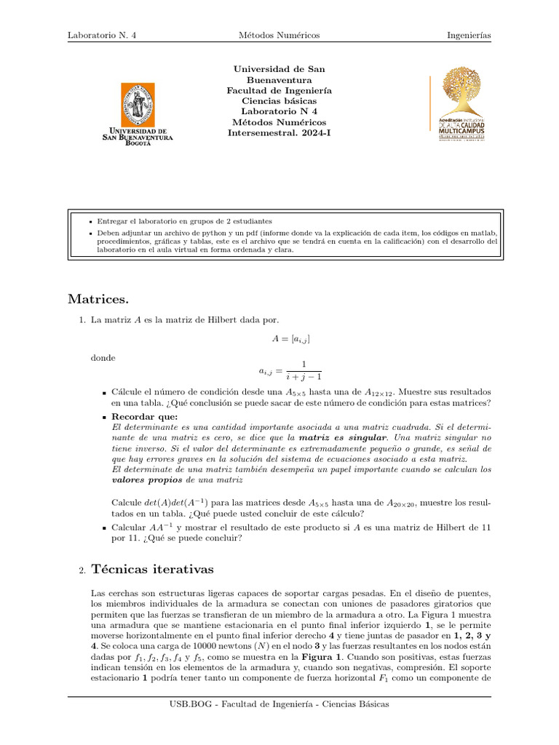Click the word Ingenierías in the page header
coord(469,35)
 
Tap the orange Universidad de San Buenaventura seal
coord(137,103)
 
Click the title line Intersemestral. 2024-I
coord(279,134)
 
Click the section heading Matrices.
coord(98,298)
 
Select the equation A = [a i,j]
coord(279,339)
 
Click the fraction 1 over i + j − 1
coord(303,370)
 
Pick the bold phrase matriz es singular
coord(342,439)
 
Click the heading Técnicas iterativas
coord(152,570)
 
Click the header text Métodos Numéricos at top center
coord(279,35)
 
